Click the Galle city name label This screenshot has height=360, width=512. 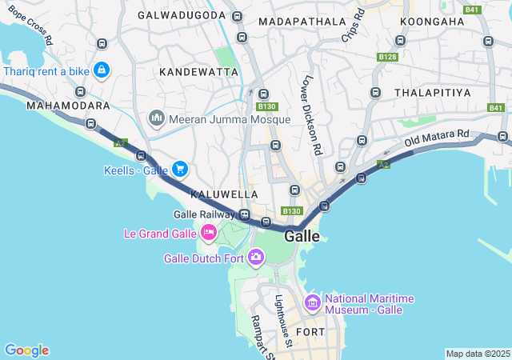(x=302, y=237)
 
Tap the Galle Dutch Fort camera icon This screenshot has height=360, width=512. (x=256, y=257)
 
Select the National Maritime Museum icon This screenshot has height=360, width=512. (x=313, y=303)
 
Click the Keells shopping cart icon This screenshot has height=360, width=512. (x=180, y=169)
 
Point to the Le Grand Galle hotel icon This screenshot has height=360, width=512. (x=208, y=233)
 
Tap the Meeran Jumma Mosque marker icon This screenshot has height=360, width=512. (x=157, y=119)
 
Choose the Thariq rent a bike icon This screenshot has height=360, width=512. (x=102, y=71)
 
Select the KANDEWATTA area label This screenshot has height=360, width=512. (x=199, y=72)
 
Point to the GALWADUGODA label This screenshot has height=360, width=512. (x=181, y=15)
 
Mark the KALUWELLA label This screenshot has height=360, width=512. (x=224, y=194)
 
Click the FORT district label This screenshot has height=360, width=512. (x=310, y=331)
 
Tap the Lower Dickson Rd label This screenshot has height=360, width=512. (x=312, y=115)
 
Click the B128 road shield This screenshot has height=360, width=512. (x=388, y=57)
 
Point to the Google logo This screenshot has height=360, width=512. (x=26, y=350)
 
